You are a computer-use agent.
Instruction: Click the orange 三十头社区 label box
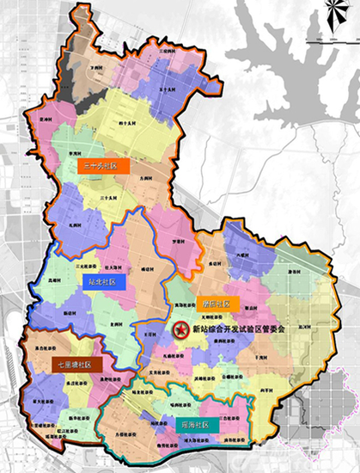[101, 166]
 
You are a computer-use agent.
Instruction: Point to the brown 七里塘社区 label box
[76, 365]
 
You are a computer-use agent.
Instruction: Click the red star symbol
[181, 329]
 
